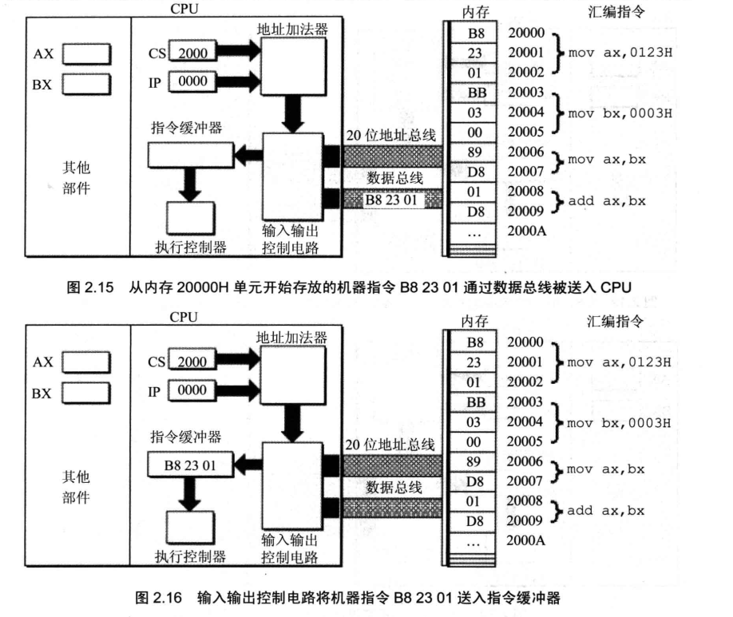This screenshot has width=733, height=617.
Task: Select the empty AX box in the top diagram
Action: pyautogui.click(x=86, y=53)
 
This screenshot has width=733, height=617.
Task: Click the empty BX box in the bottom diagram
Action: pyautogui.click(x=86, y=392)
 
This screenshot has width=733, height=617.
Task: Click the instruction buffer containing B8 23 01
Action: pyautogui.click(x=190, y=461)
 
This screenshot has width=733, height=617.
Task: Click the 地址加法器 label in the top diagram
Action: pyautogui.click(x=292, y=30)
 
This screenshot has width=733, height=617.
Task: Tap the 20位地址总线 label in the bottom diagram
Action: pyautogui.click(x=390, y=445)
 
